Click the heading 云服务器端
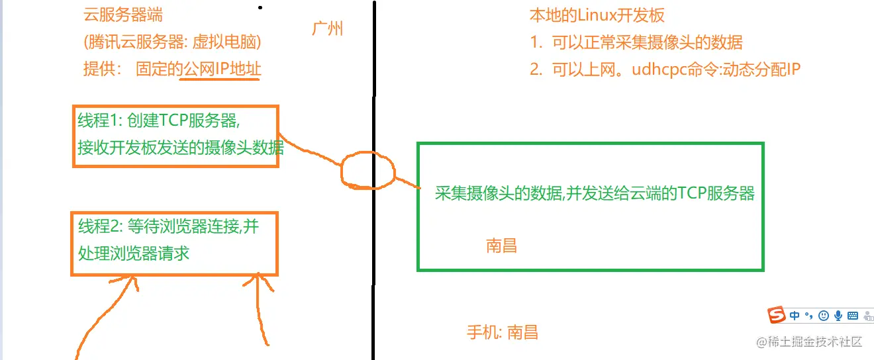click(123, 15)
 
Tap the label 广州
click(327, 28)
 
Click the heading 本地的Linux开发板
click(597, 15)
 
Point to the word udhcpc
click(659, 69)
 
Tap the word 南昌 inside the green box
click(501, 246)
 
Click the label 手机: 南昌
click(503, 332)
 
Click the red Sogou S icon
click(777, 314)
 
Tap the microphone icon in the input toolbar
click(838, 316)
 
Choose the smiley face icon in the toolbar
click(823, 316)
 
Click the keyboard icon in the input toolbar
click(853, 316)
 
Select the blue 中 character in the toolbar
click(795, 315)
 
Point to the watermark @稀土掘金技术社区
click(809, 341)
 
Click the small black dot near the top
click(260, 7)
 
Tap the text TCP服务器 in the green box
click(716, 193)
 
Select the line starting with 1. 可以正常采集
click(636, 42)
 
